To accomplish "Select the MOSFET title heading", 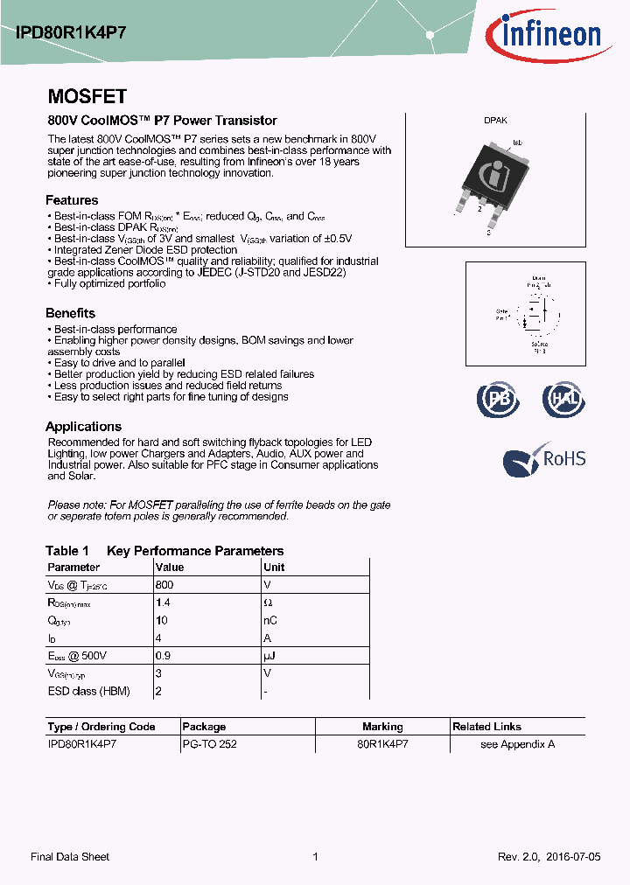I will (x=87, y=97).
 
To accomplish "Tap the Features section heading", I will (x=72, y=199).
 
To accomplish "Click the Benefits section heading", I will (x=70, y=313).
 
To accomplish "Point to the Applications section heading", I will (x=83, y=427).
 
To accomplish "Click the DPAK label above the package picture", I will (x=495, y=122).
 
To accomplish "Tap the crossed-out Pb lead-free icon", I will (x=497, y=399).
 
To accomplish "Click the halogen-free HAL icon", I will (x=562, y=399).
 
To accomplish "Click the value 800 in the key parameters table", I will (x=164, y=584).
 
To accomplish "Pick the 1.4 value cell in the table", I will (x=162, y=603).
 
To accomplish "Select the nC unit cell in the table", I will (x=270, y=620).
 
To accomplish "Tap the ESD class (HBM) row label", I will (x=88, y=691).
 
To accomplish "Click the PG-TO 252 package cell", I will (x=209, y=744).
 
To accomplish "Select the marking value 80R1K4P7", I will (x=382, y=744).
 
